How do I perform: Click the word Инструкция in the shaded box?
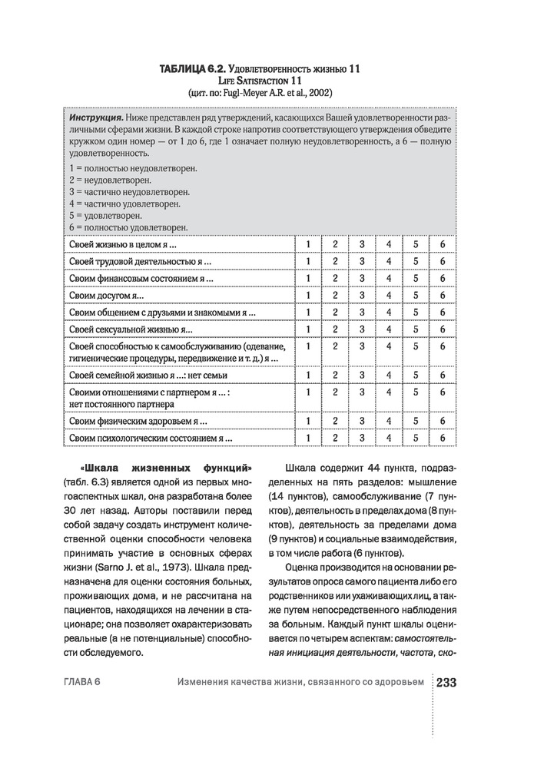click(x=98, y=120)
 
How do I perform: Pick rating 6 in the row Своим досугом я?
click(x=443, y=295)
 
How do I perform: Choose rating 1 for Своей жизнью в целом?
click(x=307, y=244)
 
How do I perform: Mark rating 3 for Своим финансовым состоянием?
click(x=361, y=278)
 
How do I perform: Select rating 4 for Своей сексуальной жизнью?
click(x=389, y=329)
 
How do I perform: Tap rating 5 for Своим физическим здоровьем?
click(x=416, y=421)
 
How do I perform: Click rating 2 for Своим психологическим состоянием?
click(x=335, y=438)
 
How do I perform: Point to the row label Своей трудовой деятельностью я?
click(x=140, y=261)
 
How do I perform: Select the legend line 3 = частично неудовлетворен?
click(x=129, y=191)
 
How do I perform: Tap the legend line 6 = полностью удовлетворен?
click(x=128, y=228)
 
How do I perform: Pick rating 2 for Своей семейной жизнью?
click(x=335, y=375)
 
